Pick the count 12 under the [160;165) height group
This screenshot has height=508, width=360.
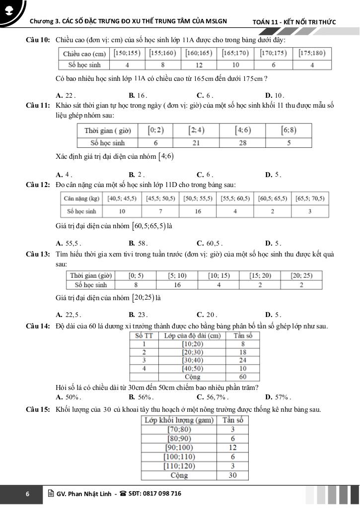coord(199,65)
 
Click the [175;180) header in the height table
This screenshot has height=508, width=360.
coord(312,53)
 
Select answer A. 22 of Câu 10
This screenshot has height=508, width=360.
coord(66,95)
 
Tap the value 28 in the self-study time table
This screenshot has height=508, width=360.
coord(243,143)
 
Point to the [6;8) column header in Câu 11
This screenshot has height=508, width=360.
coord(288,130)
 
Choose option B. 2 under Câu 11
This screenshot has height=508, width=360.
coord(136,175)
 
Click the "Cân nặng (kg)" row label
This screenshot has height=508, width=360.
coord(81,198)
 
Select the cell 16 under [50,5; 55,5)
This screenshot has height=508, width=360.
coord(198,211)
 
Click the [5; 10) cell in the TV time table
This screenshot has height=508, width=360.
coord(177,276)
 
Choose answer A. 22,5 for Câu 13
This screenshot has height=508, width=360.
coord(69,315)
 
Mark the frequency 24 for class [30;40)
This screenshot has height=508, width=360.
coord(243,360)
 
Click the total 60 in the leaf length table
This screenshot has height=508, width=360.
coord(243,377)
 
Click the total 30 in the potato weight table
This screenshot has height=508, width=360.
coord(232,475)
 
